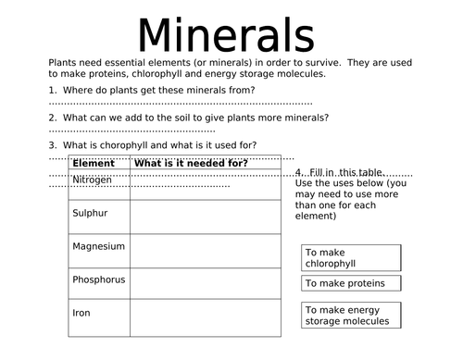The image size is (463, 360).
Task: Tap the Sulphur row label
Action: pyautogui.click(x=90, y=214)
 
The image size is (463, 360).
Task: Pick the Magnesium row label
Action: pyautogui.click(x=98, y=247)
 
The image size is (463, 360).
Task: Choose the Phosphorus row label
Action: pyautogui.click(x=98, y=279)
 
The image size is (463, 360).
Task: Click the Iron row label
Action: pyautogui.click(x=81, y=313)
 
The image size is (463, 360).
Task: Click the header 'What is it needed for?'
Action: pyautogui.click(x=191, y=164)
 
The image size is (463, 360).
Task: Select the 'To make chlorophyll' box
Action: pyautogui.click(x=351, y=257)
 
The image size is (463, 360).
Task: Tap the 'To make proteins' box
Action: pyautogui.click(x=351, y=283)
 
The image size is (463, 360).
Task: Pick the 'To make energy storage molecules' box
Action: pyautogui.click(x=351, y=316)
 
